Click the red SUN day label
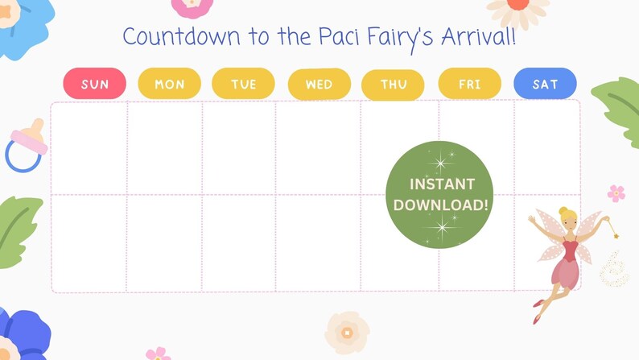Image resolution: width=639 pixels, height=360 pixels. (94, 84)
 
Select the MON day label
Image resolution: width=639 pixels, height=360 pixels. (169, 84)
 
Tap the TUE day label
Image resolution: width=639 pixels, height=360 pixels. (243, 84)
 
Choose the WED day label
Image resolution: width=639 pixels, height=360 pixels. (319, 84)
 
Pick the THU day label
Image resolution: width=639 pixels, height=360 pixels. (394, 85)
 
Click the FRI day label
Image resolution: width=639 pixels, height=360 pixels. (469, 84)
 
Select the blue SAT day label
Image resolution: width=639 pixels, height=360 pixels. (545, 84)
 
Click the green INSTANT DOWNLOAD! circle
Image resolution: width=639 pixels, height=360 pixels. (439, 195)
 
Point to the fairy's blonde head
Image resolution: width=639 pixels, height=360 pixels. (568, 217)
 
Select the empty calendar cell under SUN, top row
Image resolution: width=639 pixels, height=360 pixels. (89, 148)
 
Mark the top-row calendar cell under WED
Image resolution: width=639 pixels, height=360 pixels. (318, 148)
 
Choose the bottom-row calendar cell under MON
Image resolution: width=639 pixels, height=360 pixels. (164, 242)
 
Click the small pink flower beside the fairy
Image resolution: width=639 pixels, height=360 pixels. (616, 193)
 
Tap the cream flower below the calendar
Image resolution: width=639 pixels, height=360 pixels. (347, 332)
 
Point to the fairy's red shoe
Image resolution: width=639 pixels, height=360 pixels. (537, 304)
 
